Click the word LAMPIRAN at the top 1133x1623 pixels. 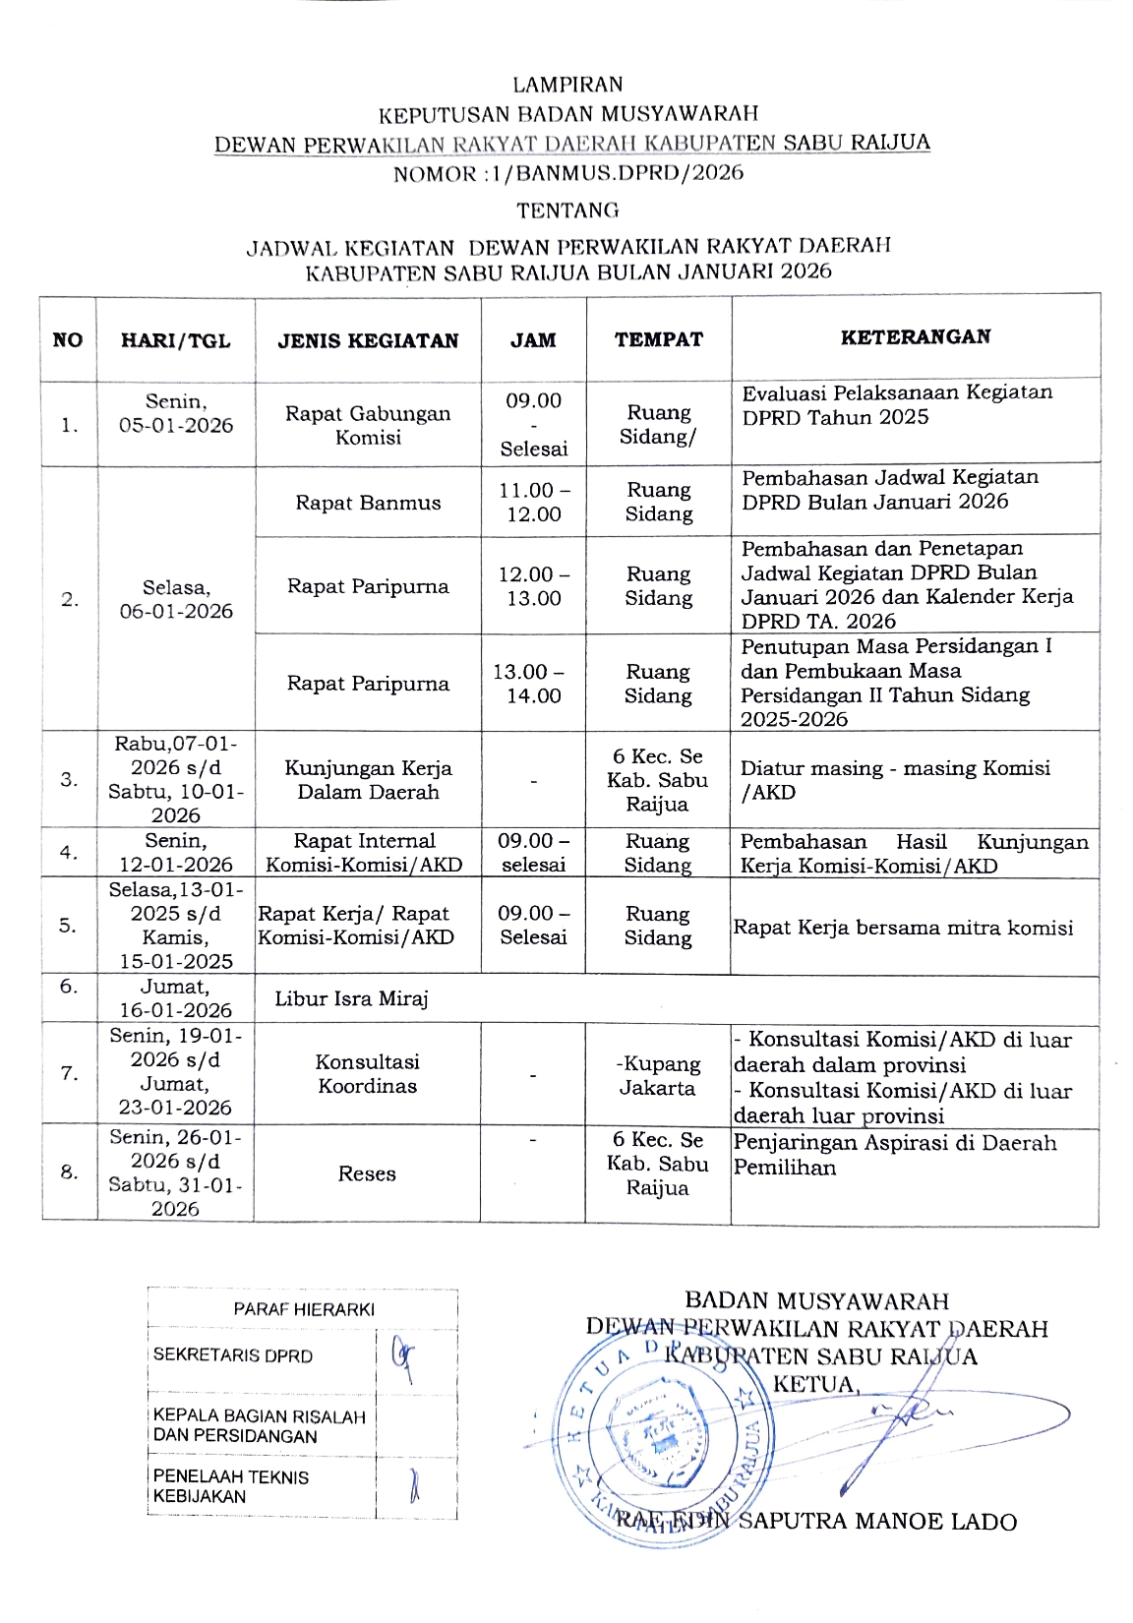[x=567, y=85]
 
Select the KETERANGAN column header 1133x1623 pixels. [x=915, y=337]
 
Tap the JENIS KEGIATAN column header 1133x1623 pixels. [x=368, y=341]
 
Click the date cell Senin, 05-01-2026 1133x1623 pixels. [x=176, y=414]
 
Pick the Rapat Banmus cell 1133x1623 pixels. [x=368, y=503]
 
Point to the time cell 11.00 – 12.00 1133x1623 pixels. [x=534, y=502]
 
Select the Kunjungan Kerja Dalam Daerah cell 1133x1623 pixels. [x=368, y=780]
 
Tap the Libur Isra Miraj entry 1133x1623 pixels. [x=351, y=999]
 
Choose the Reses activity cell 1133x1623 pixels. [x=367, y=1173]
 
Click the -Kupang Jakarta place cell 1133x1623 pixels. [x=658, y=1076]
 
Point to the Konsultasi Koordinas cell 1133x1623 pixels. [x=367, y=1074]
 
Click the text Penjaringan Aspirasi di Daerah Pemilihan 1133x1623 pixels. [x=895, y=1156]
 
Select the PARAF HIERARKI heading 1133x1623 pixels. [x=304, y=1309]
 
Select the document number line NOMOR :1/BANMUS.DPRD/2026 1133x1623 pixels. [x=568, y=174]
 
